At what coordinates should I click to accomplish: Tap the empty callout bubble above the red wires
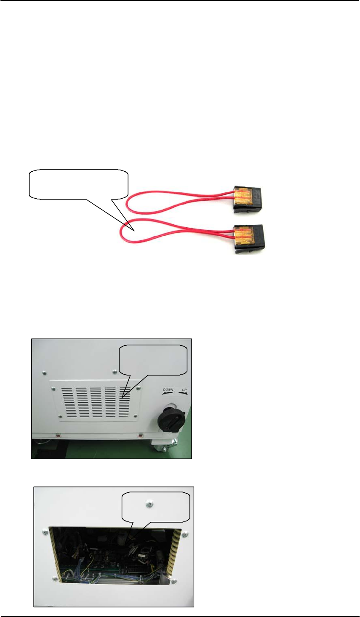point(78,183)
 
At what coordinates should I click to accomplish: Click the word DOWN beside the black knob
point(168,390)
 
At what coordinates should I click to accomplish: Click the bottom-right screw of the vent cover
point(135,417)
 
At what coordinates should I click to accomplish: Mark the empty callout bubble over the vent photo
point(154,360)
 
